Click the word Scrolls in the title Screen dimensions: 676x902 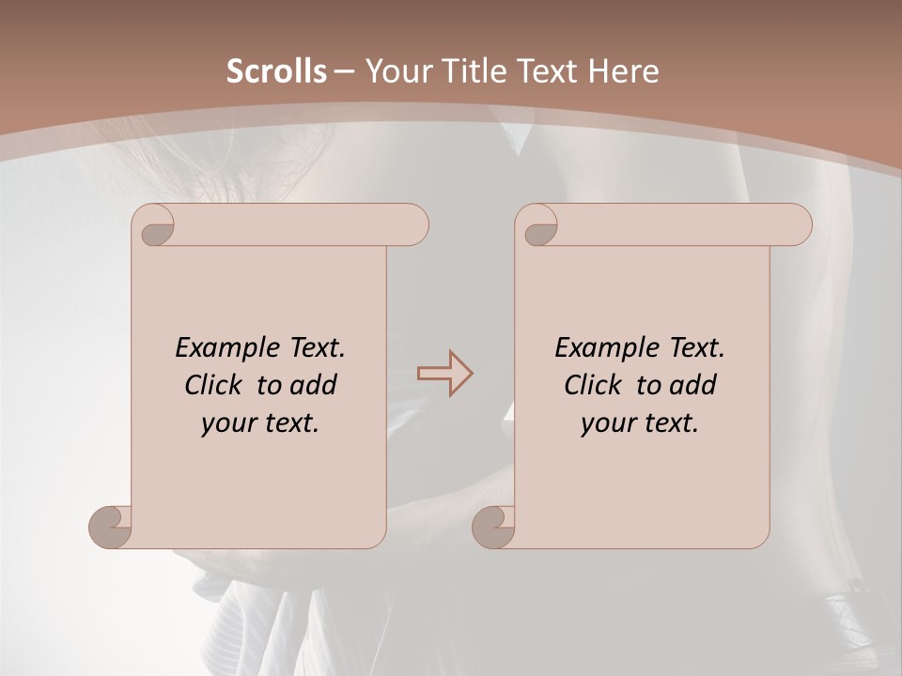(x=276, y=71)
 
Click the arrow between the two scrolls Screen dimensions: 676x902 (x=444, y=373)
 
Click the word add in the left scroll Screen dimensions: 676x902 (x=314, y=385)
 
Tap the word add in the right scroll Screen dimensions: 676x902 (x=693, y=385)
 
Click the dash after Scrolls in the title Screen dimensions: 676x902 (x=345, y=72)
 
